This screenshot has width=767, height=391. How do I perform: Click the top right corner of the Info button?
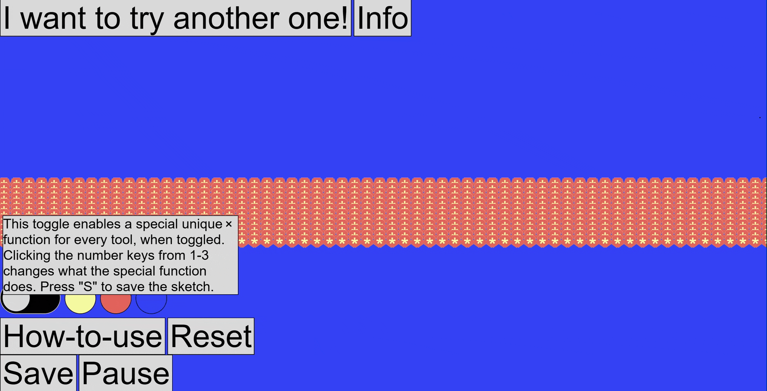[411, 0]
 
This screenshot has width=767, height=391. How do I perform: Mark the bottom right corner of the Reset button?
[254, 354]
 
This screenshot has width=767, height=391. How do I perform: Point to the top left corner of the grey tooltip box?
[3, 216]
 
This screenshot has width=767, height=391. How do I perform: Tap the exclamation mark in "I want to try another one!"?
[344, 18]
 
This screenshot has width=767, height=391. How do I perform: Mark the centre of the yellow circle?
[80, 300]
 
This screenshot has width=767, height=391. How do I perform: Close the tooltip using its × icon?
[229, 224]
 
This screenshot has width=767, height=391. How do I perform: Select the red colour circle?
[116, 300]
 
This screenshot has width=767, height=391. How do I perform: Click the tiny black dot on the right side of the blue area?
[760, 117]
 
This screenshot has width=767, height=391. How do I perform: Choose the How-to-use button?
[82, 336]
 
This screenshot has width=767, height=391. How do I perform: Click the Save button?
[38, 373]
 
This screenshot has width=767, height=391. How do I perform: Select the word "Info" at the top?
[382, 18]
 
